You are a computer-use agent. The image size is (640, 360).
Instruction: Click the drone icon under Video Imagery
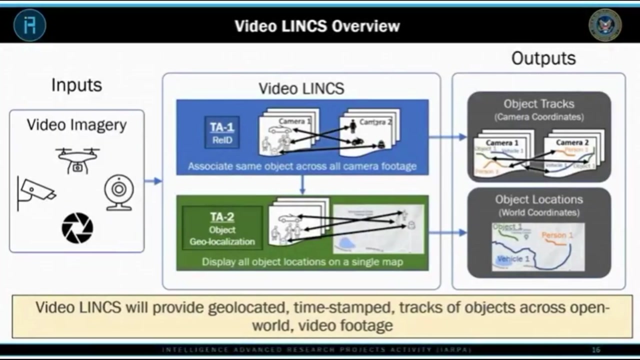pyautogui.click(x=77, y=159)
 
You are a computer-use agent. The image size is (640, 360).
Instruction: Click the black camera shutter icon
pyautogui.click(x=77, y=228)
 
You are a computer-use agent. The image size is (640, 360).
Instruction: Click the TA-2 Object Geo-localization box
pyautogui.click(x=222, y=228)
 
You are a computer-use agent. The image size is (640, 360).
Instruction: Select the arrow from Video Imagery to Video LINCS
pyautogui.click(x=153, y=181)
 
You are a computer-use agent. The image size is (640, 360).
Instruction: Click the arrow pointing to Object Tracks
pyautogui.click(x=447, y=136)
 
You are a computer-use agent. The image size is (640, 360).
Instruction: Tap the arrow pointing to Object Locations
pyautogui.click(x=447, y=232)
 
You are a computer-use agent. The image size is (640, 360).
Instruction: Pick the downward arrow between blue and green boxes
pyautogui.click(x=302, y=185)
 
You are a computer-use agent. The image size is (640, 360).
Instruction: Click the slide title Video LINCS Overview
pyautogui.click(x=317, y=26)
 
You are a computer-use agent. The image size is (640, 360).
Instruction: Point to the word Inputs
pyautogui.click(x=76, y=85)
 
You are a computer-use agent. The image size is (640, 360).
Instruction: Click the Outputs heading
pyautogui.click(x=543, y=58)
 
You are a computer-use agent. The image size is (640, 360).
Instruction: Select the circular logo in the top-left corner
pyautogui.click(x=30, y=25)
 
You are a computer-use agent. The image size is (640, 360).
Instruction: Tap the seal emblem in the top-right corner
pyautogui.click(x=605, y=25)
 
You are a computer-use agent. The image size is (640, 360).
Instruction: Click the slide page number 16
pyautogui.click(x=595, y=350)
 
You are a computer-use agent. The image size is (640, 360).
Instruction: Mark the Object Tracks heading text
pyautogui.click(x=538, y=104)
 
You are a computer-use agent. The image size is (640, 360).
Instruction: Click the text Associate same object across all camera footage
pyautogui.click(x=302, y=166)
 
